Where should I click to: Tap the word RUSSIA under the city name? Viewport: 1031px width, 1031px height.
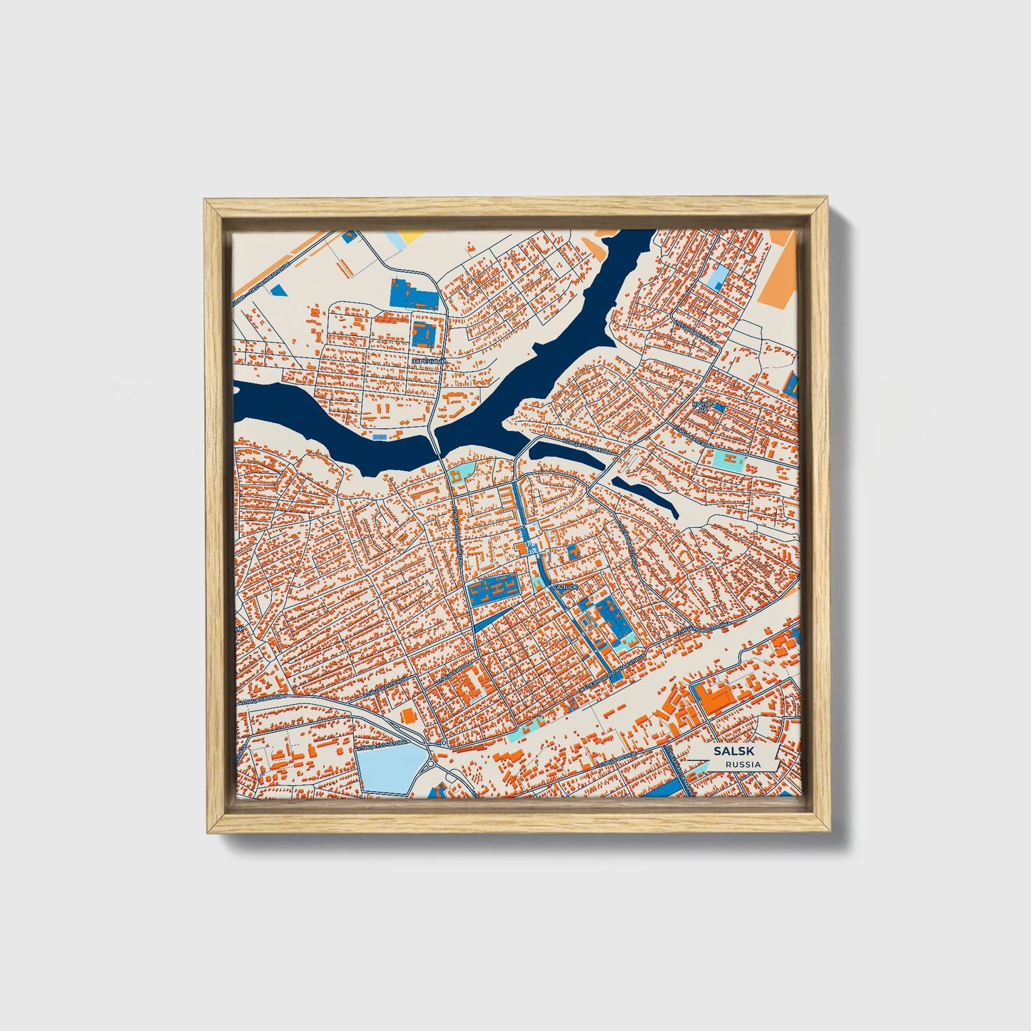click(x=742, y=765)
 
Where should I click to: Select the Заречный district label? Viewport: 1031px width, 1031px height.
click(x=428, y=362)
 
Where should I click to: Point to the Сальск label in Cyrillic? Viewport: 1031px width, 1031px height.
click(x=566, y=586)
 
